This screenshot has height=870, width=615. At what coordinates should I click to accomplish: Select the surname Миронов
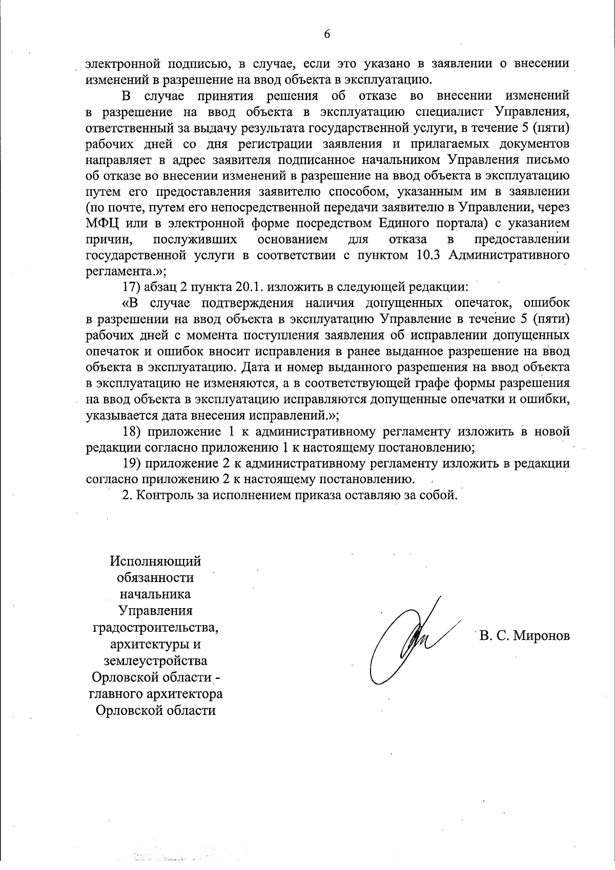point(542,636)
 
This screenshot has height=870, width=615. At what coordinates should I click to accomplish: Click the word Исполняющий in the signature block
point(155,561)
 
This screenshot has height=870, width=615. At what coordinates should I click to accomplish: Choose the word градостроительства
point(155,627)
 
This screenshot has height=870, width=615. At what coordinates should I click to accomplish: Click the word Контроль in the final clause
point(162,495)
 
